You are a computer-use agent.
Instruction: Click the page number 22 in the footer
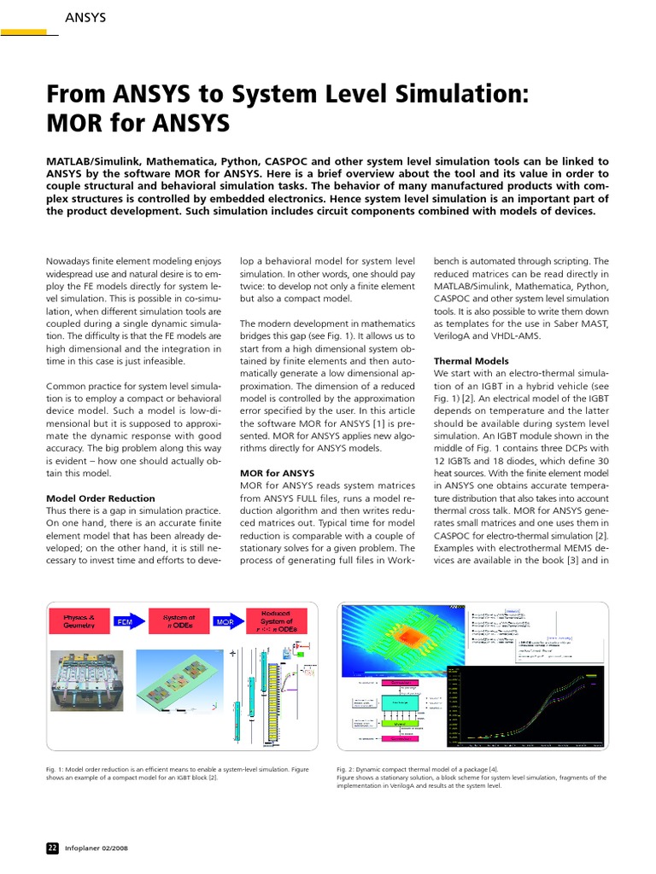pos(51,848)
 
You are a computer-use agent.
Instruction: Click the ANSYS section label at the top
pos(85,17)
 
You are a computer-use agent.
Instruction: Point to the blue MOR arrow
pos(225,622)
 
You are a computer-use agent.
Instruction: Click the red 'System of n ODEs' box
pos(179,621)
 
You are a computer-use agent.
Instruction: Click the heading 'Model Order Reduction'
pos(100,498)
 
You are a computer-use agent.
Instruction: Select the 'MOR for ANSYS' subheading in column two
pos(277,472)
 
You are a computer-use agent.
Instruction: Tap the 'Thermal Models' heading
pos(471,361)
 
